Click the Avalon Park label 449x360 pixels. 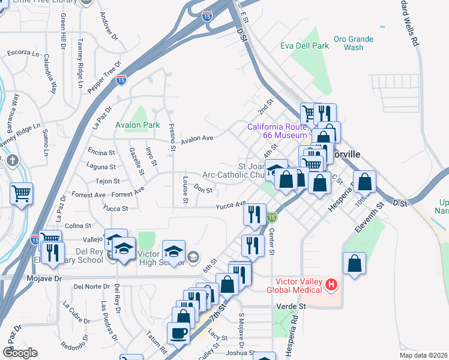click(137, 125)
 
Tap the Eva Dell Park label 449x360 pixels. click(304, 46)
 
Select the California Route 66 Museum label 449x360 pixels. click(277, 131)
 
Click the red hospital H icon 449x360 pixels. click(330, 283)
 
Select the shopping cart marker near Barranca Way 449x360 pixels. click(22, 194)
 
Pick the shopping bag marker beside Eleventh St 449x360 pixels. click(355, 263)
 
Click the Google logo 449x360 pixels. click(20, 352)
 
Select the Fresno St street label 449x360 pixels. click(172, 136)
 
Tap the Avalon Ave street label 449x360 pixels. click(197, 137)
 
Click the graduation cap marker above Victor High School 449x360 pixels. click(173, 250)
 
